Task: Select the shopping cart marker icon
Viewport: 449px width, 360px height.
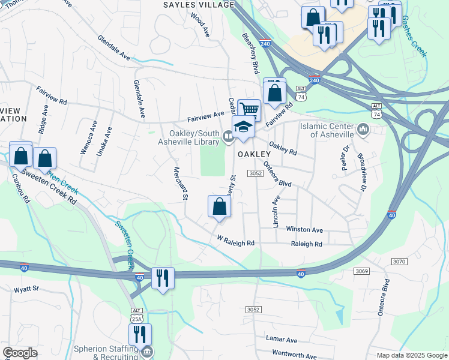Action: click(249, 109)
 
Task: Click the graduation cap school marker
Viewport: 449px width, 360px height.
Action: click(243, 128)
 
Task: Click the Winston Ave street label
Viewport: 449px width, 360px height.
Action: click(304, 230)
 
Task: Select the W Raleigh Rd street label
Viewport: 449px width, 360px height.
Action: click(236, 243)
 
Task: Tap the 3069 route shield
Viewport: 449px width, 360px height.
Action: click(361, 271)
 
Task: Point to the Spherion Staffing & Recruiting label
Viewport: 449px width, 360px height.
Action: click(106, 352)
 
